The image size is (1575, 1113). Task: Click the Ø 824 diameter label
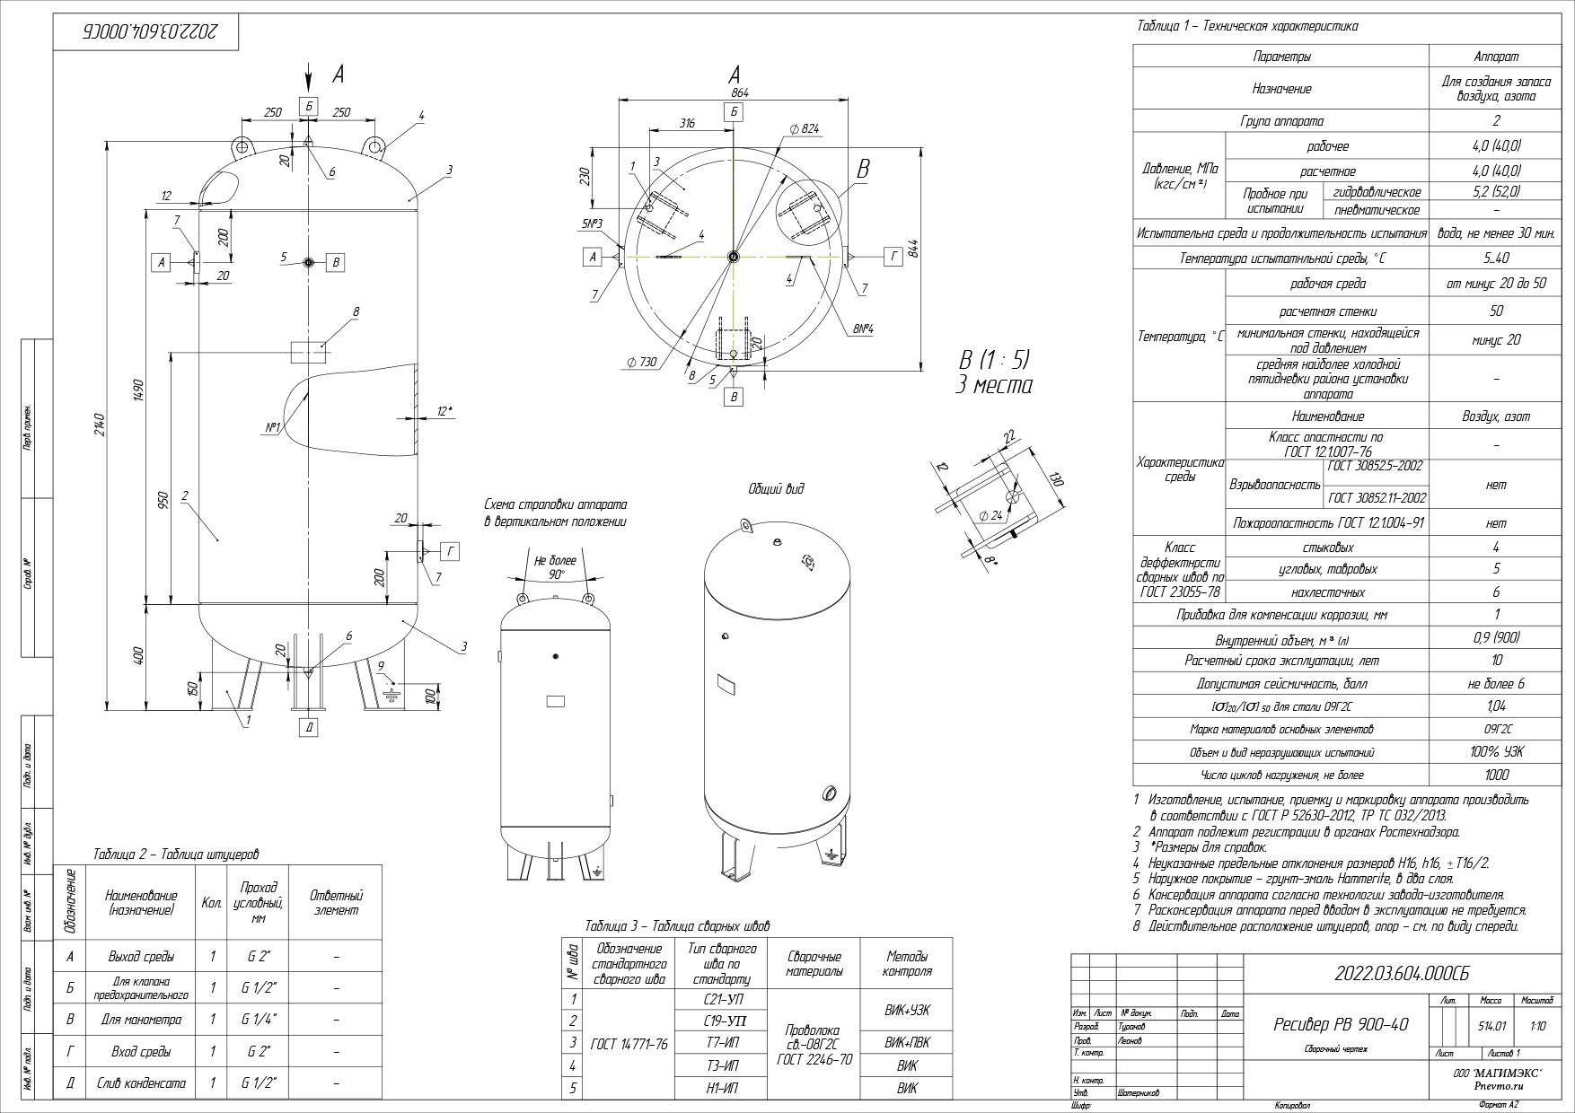click(x=805, y=129)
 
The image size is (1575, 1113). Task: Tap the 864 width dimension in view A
click(x=740, y=92)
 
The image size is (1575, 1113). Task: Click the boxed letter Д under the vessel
click(x=309, y=728)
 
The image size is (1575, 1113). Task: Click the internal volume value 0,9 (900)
click(x=1496, y=638)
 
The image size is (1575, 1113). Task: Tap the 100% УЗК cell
click(x=1496, y=752)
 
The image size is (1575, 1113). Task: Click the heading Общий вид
click(x=776, y=489)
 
